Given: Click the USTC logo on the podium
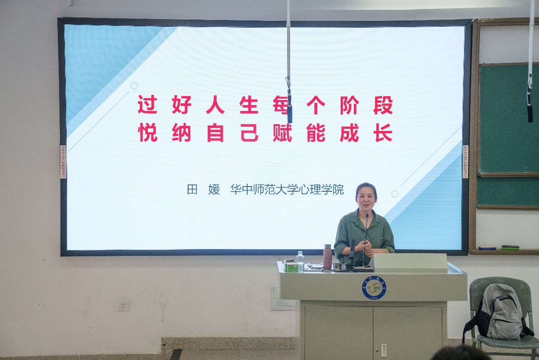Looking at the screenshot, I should pyautogui.click(x=374, y=288).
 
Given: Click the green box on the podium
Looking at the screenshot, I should pyautogui.click(x=291, y=266).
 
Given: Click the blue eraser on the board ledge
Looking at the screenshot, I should pyautogui.click(x=487, y=248).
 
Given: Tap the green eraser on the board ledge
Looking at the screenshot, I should pyautogui.click(x=510, y=247).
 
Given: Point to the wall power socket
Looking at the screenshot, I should pyautogui.click(x=124, y=306).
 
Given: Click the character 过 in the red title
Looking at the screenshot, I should pyautogui.click(x=147, y=105).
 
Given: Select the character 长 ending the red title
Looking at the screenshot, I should pyautogui.click(x=383, y=133).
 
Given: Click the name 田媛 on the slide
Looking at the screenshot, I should pyautogui.click(x=203, y=190).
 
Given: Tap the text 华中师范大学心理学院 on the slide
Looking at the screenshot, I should pyautogui.click(x=287, y=190).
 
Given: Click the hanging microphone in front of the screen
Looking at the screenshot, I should pyautogui.click(x=289, y=106).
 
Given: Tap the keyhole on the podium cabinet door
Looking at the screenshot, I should pyautogui.click(x=384, y=350).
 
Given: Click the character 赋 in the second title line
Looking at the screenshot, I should pyautogui.click(x=282, y=133).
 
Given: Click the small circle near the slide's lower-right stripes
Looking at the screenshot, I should pyautogui.click(x=395, y=194).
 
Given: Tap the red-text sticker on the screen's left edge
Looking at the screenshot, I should pyautogui.click(x=63, y=162).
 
